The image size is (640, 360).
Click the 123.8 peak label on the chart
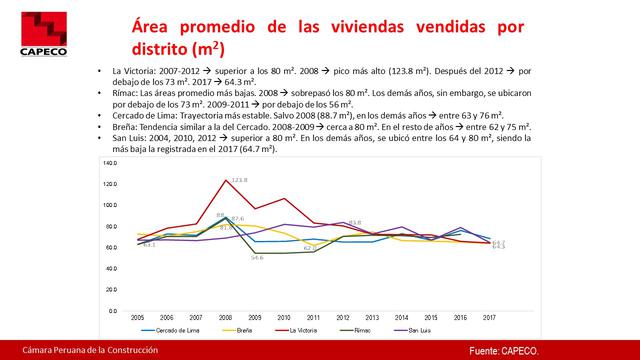point(239,180)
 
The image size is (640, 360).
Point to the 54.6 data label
point(256,259)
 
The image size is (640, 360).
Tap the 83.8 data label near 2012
point(354,222)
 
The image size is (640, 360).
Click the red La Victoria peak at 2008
point(225,179)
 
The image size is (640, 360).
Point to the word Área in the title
point(155,23)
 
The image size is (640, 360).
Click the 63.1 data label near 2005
point(149,244)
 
